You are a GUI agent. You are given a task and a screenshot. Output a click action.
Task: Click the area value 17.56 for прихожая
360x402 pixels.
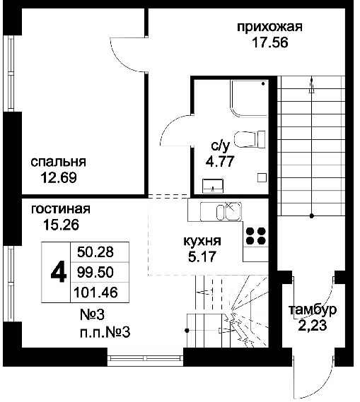270,42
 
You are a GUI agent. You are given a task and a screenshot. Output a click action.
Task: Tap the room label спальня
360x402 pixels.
58,162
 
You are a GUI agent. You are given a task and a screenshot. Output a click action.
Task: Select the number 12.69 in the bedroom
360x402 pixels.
59,177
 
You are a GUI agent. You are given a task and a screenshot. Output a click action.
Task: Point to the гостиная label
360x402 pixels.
61,209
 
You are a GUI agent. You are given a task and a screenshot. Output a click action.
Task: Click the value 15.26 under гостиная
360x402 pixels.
61,225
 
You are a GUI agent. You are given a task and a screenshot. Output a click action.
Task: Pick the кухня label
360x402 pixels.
202,241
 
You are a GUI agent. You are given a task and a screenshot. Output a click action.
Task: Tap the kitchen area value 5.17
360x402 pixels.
202,256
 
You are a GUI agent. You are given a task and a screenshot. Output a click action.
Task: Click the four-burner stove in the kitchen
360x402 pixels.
255,236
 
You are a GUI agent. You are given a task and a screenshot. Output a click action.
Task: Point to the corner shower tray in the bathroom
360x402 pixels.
250,98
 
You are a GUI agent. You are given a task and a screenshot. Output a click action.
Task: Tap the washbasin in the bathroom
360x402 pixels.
213,186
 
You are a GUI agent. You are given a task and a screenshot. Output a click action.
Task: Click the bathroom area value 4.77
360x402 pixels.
220,162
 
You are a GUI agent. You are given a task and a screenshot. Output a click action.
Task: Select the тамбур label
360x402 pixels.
313,309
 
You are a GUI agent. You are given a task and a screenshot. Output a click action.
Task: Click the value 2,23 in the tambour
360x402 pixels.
313,325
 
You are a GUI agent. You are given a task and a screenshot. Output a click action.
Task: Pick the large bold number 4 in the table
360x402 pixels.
59,272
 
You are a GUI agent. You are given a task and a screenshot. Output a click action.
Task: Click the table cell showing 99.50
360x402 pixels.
95,272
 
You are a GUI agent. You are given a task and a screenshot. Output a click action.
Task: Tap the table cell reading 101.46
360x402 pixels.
95,292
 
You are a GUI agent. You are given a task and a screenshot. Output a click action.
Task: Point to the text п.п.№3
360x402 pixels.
105,333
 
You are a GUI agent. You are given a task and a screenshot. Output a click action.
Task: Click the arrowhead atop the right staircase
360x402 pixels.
312,83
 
